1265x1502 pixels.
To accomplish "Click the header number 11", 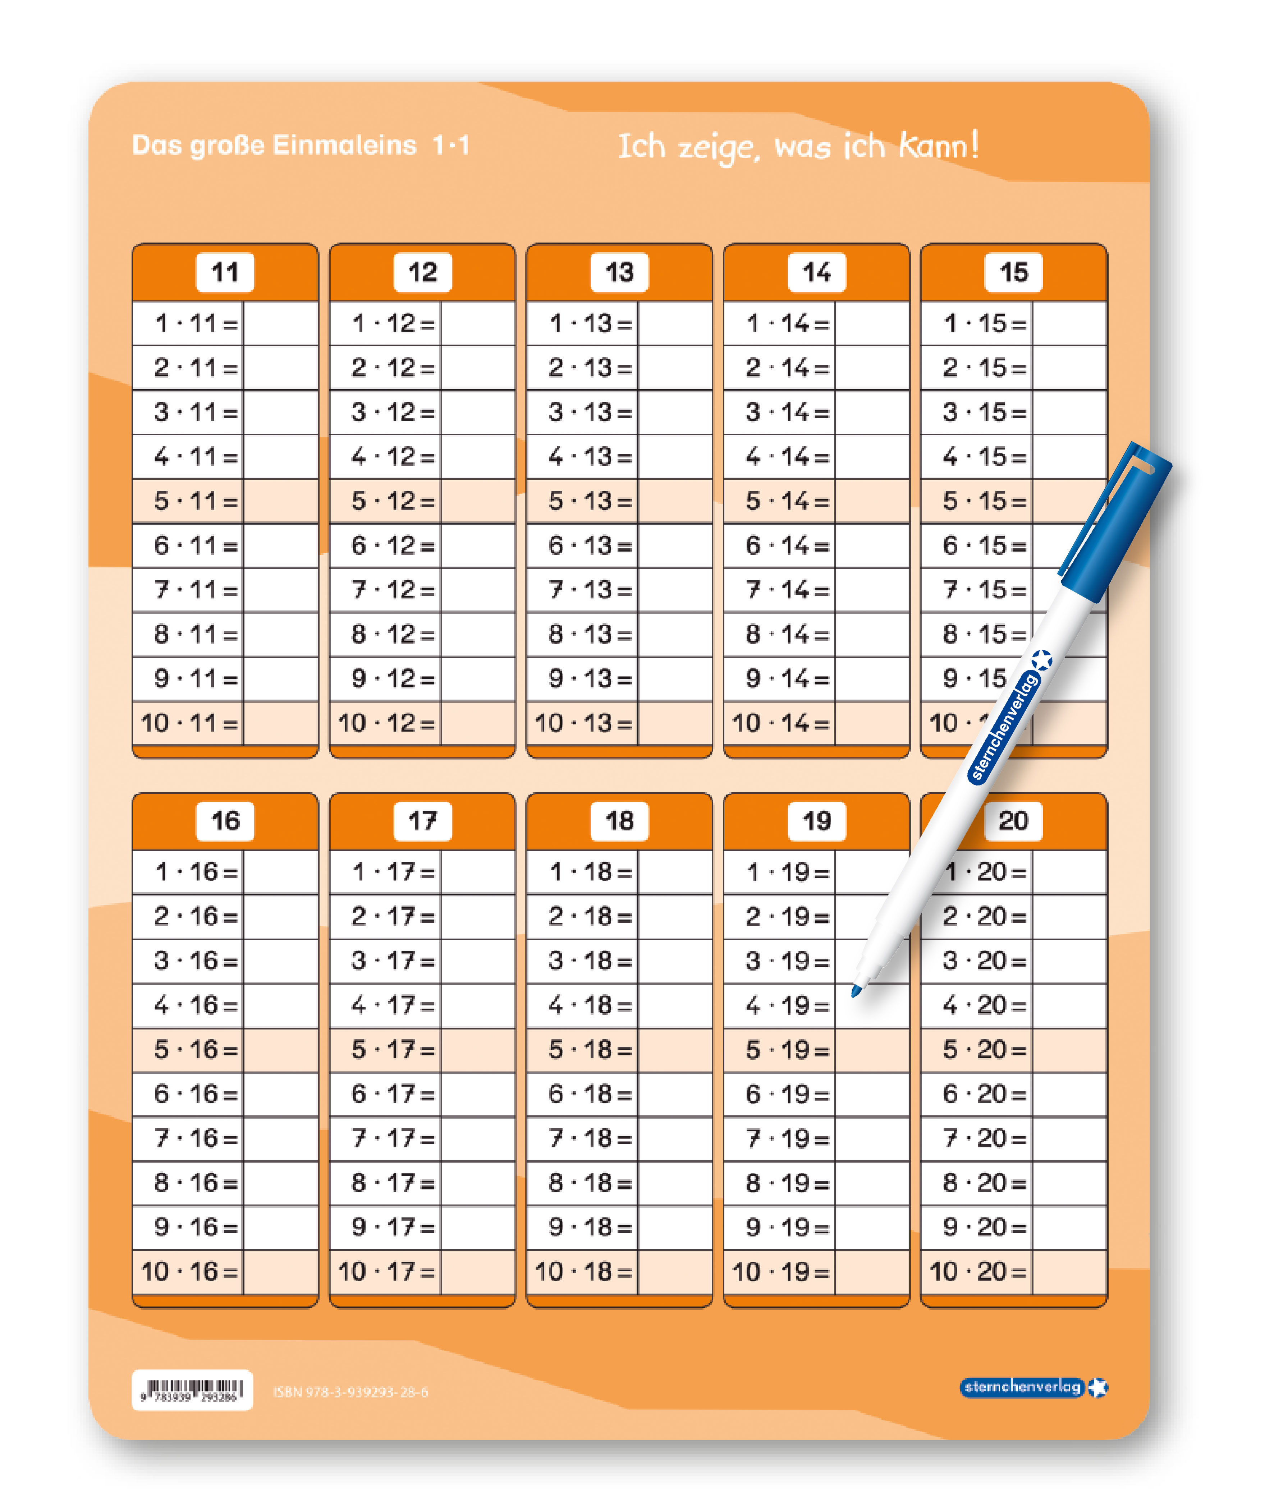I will (x=224, y=272).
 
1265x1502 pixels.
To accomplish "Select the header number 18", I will (x=619, y=821).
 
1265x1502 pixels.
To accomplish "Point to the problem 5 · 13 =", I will (x=590, y=501).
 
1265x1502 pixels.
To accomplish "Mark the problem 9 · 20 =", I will (x=984, y=1227).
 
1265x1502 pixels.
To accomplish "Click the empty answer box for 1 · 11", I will (x=280, y=323).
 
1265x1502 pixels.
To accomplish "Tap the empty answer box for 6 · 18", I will (x=674, y=1094).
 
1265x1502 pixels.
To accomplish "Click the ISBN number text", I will (x=351, y=1392).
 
